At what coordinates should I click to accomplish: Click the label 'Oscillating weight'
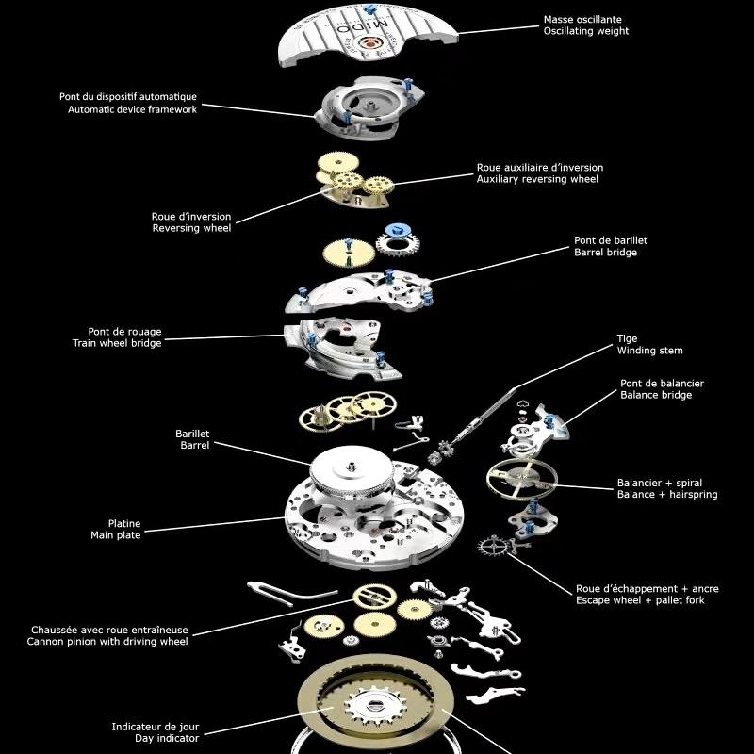click(585, 32)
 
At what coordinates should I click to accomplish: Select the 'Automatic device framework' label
click(132, 109)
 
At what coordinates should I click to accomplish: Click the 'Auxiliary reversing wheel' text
click(537, 179)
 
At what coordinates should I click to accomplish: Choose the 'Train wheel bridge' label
click(117, 343)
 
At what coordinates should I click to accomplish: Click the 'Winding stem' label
click(649, 351)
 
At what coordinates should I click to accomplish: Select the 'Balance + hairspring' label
click(666, 494)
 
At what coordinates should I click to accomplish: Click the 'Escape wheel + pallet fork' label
click(639, 600)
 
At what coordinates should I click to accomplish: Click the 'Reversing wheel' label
click(190, 228)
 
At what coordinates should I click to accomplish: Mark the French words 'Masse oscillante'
click(582, 19)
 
